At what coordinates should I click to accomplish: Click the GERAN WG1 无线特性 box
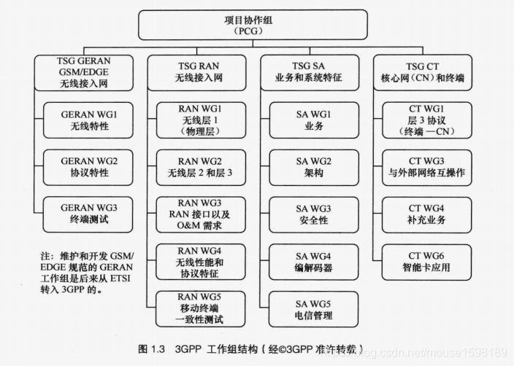(x=88, y=120)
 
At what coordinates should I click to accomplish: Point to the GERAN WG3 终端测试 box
(x=88, y=213)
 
